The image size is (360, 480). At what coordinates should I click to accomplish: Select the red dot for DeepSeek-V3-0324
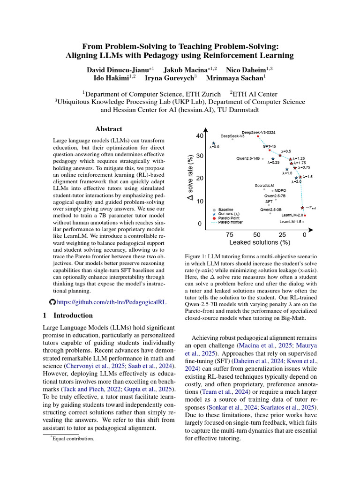coord(258,136)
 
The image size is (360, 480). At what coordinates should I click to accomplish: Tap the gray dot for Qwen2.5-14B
coord(263,159)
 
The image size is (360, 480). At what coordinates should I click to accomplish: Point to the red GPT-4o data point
coord(270,150)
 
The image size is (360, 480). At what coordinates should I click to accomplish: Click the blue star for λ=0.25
coord(273,159)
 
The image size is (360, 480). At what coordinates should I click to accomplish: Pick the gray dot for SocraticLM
coord(264,189)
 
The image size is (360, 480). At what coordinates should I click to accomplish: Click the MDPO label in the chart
coord(280,190)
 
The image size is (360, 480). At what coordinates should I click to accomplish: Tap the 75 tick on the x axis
coord(230,234)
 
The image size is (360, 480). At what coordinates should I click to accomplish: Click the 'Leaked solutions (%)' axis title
coord(260,243)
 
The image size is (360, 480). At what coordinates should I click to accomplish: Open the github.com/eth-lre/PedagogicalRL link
coord(111,302)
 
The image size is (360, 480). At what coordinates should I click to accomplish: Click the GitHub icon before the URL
coord(52,302)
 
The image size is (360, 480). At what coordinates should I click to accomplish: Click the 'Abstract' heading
coord(109,129)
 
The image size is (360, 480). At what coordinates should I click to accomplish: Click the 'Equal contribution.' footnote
coord(74,439)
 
